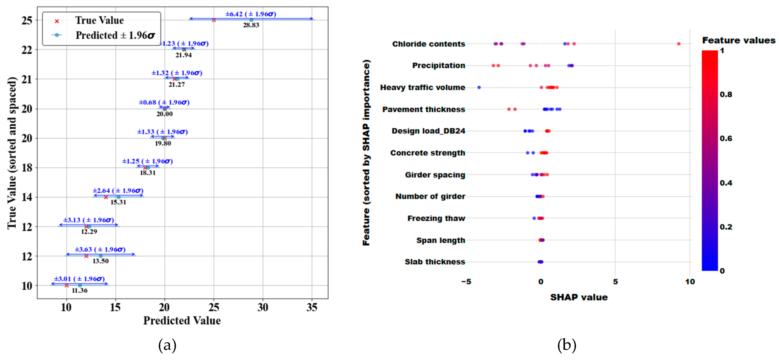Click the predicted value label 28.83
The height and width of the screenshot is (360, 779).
pos(251,25)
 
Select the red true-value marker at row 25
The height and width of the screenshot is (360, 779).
pos(214,20)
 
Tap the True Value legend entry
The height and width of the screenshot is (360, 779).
pos(99,21)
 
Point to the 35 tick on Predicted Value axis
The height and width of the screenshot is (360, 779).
pos(312,307)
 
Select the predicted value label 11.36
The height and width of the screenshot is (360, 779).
pos(80,290)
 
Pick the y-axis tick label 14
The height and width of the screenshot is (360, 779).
pos(27,197)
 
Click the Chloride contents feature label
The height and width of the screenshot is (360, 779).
pos(428,44)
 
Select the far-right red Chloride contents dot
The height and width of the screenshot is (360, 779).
pos(679,44)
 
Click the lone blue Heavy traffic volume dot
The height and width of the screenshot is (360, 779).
pos(479,87)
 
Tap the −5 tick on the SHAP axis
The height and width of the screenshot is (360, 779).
pos(466,282)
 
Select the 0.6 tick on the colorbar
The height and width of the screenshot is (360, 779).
pos(726,138)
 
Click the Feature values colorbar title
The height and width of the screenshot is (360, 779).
pos(738,40)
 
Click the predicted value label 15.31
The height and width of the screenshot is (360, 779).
pos(118,202)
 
